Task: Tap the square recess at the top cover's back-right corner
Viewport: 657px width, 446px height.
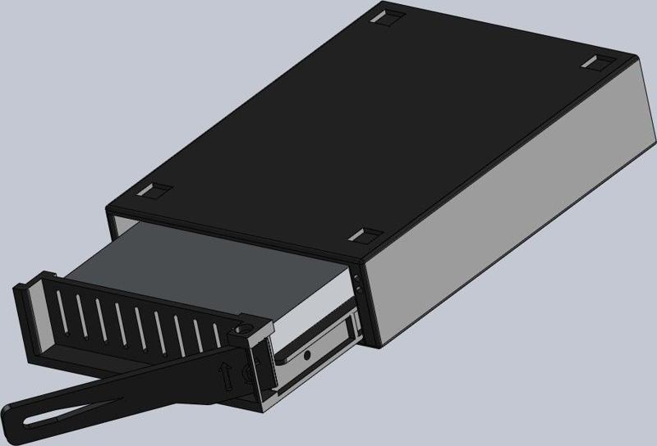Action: point(598,62)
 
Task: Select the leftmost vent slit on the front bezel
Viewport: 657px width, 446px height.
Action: point(62,316)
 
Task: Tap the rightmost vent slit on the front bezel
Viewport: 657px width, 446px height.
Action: point(217,336)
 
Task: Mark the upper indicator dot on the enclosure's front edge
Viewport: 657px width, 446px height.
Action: point(358,278)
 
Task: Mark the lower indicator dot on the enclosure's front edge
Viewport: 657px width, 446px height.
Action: point(359,288)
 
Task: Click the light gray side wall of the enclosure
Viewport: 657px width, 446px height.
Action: point(509,205)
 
